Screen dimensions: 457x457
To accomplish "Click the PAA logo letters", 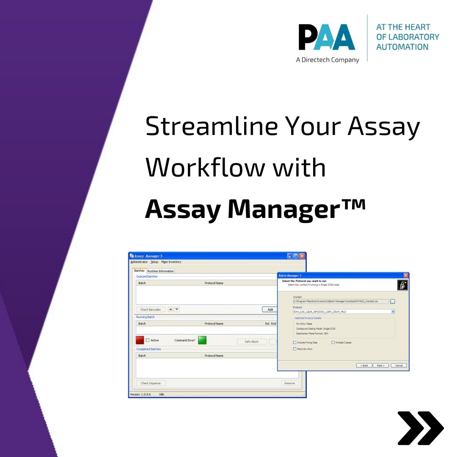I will [326, 37].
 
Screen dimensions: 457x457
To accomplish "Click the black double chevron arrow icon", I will [420, 428].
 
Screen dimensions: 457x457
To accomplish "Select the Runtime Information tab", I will [160, 271].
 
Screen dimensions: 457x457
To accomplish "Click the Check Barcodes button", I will [150, 309].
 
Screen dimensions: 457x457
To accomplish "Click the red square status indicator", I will [140, 340].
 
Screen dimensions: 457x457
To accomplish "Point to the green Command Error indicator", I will [202, 340].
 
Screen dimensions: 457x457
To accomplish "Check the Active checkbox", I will [148, 340].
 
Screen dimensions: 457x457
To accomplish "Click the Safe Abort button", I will [251, 341].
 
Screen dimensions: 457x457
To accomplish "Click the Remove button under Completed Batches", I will [289, 383].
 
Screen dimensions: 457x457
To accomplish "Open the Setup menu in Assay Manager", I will [154, 262].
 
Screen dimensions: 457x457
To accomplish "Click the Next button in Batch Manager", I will [380, 365].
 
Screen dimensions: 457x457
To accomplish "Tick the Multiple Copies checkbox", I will [333, 342].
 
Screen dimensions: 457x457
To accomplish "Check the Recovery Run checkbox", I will [295, 349].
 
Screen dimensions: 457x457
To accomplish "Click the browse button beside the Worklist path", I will [393, 301].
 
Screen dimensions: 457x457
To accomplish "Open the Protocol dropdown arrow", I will [393, 311].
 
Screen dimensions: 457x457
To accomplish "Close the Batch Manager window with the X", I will [406, 275].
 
